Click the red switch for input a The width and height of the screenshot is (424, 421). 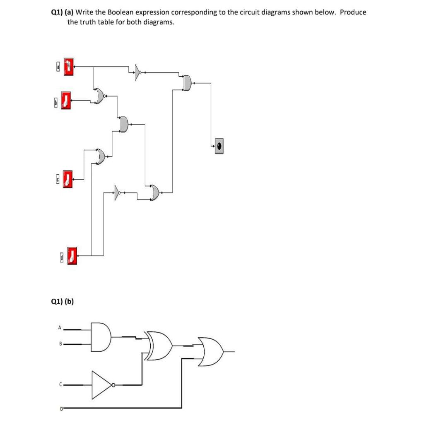click(69, 67)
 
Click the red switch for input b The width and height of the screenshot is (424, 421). click(65, 101)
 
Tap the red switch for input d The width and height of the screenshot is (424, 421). click(72, 256)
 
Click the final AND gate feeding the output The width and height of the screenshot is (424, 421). click(188, 83)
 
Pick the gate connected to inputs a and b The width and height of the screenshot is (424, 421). click(99, 96)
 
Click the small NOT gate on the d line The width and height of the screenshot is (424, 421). click(118, 192)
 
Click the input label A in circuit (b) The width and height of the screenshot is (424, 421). click(60, 328)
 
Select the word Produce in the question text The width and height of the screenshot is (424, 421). click(353, 12)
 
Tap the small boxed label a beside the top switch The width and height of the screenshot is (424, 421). click(58, 66)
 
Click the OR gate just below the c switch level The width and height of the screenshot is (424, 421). click(155, 192)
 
